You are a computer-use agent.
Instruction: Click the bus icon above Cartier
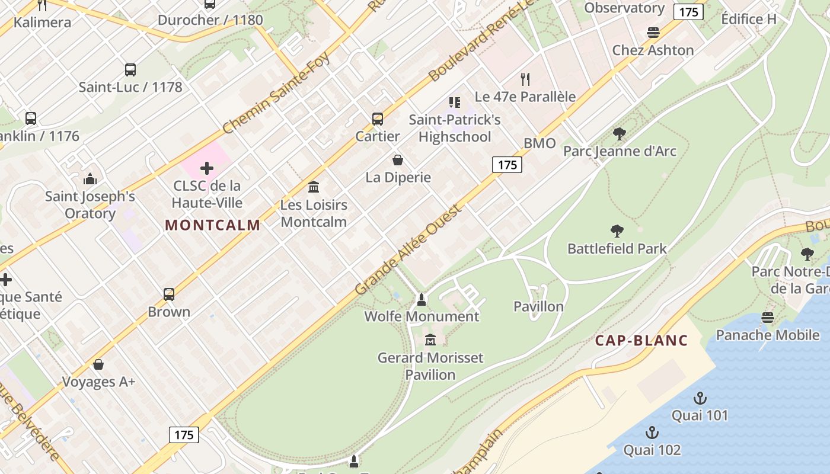[378, 118]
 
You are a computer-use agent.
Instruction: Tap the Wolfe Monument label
[422, 316]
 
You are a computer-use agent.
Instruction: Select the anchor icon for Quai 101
[700, 398]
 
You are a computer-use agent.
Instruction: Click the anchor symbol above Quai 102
[652, 433]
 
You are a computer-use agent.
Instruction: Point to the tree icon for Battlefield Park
[617, 230]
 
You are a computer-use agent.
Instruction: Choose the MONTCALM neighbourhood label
[213, 225]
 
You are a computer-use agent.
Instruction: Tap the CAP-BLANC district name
[641, 341]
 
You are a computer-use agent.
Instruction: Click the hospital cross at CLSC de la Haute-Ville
[207, 168]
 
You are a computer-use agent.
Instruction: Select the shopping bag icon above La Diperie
[398, 160]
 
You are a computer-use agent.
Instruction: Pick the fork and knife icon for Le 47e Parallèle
[525, 79]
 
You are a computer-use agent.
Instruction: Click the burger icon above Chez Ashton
[653, 33]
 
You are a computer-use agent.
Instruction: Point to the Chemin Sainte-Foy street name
[276, 93]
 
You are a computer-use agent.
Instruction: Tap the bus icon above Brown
[169, 294]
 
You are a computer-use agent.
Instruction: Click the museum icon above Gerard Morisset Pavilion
[430, 340]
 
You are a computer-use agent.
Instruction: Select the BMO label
[539, 143]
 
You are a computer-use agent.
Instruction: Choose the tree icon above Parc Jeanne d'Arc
[620, 134]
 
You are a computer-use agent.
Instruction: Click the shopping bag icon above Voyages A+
[98, 364]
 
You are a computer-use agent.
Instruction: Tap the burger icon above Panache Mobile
[768, 318]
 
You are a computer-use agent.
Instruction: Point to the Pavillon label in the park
[538, 306]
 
